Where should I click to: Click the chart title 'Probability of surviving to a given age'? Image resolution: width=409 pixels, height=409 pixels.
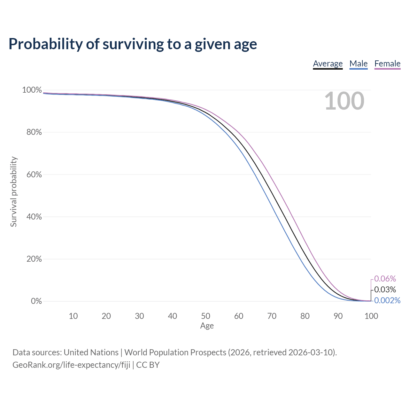[133, 44]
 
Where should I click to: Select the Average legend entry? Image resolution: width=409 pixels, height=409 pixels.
[328, 64]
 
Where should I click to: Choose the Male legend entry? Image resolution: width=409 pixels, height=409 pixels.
[359, 64]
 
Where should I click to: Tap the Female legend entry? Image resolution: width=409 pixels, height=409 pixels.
[387, 64]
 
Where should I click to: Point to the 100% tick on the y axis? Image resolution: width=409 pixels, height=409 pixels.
[32, 90]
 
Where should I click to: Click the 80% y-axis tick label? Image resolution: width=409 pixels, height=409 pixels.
[34, 132]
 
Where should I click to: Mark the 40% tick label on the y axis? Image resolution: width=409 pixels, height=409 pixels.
[34, 217]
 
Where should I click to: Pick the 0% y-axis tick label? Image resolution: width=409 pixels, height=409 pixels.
[36, 301]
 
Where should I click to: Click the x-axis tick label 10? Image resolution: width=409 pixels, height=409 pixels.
[73, 316]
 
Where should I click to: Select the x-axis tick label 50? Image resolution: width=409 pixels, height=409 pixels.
[205, 316]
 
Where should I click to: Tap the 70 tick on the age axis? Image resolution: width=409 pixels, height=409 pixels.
[272, 316]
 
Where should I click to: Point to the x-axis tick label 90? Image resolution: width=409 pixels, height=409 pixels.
[338, 316]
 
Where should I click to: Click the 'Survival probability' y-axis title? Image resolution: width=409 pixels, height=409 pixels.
[13, 192]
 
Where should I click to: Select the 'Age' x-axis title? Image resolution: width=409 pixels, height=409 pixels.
[207, 326]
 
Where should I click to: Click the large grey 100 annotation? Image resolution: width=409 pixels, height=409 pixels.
[344, 101]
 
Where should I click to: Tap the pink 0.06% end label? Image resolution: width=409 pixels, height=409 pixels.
[385, 279]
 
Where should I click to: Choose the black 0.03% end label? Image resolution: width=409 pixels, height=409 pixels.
[385, 289]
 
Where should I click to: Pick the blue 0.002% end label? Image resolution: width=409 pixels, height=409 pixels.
[387, 300]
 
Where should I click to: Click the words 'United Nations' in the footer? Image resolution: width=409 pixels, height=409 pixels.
[91, 352]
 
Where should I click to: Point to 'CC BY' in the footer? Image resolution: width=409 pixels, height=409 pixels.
[148, 365]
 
